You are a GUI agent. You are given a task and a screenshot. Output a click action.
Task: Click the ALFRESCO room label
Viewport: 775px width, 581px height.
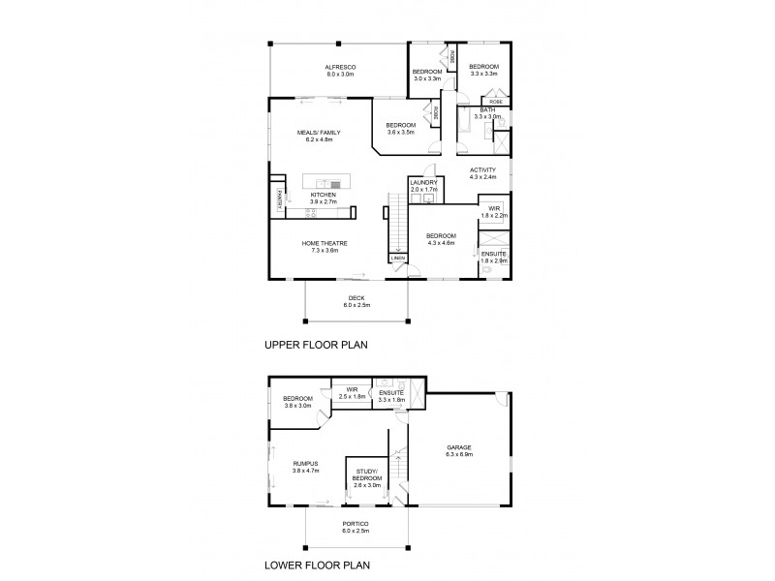[x=342, y=66]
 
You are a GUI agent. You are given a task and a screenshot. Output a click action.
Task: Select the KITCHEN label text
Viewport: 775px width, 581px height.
[x=323, y=194]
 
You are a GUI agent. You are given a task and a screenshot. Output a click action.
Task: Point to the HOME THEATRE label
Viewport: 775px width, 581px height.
[x=325, y=243]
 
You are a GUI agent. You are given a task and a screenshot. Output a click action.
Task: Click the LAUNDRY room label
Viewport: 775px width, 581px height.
[x=424, y=182]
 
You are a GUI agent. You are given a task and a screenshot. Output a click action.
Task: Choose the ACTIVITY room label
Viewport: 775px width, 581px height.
[x=482, y=169]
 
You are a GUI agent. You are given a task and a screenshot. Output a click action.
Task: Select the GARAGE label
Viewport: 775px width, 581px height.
[x=458, y=447]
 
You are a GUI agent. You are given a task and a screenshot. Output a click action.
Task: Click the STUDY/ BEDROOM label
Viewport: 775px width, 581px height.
[x=367, y=474]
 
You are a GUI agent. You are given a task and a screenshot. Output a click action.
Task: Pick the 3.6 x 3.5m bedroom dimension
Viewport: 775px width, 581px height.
[x=400, y=132]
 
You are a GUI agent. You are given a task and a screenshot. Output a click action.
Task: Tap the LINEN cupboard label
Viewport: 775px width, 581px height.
[x=397, y=259]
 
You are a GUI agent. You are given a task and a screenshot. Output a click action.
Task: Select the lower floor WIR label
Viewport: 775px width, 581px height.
[x=351, y=389]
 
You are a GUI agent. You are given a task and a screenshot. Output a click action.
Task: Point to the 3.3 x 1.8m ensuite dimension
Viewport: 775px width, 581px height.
[x=391, y=399]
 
